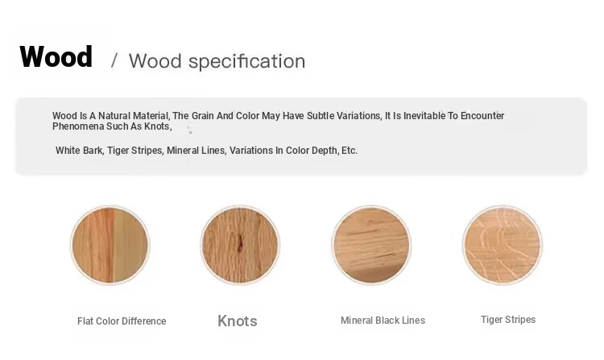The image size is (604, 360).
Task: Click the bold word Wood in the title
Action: pos(56,56)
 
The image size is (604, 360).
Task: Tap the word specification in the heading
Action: pos(246,61)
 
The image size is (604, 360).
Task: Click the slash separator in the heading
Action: pos(114,61)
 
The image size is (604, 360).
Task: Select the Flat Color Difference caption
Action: pos(122,321)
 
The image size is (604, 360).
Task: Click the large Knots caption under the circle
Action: pos(238,321)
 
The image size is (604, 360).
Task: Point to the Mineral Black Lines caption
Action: pos(383,321)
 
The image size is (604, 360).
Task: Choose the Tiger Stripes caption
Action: pos(508,320)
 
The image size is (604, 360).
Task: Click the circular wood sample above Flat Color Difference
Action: pos(110,246)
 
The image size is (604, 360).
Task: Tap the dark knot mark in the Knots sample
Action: pos(240,244)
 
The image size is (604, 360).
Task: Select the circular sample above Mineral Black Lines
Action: pos(371,246)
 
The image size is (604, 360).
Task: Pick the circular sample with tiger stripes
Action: pos(503,246)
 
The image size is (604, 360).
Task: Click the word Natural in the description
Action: pos(114,116)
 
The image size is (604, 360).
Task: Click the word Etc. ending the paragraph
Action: pos(350,151)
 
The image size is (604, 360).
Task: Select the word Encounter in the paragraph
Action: pos(482,116)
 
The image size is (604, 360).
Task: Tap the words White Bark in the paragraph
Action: pos(80,151)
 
